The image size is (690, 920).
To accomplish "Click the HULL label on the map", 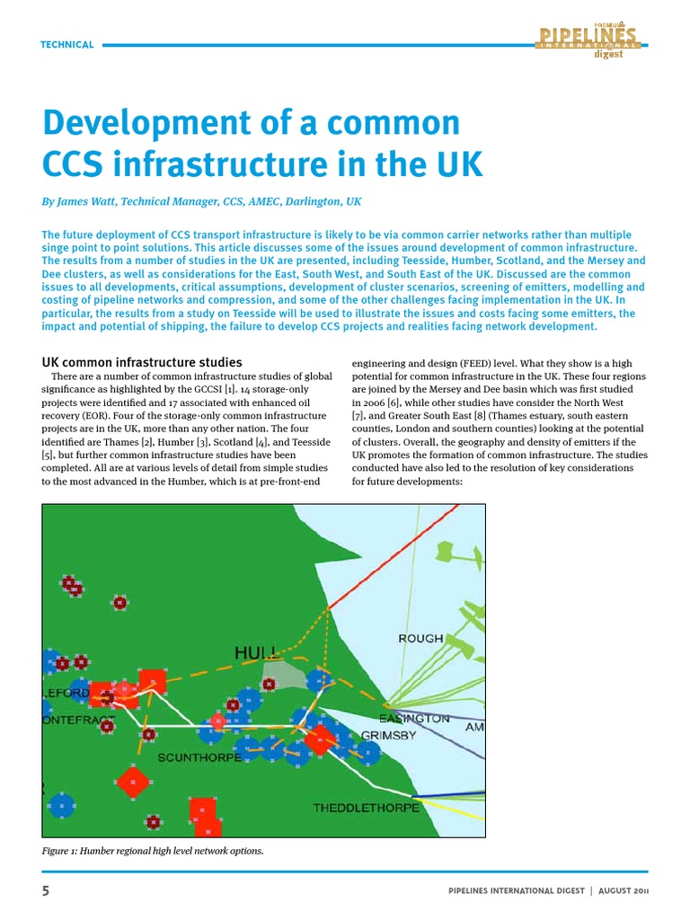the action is pos(255,652).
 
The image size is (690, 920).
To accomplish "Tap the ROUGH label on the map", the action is pos(420,638).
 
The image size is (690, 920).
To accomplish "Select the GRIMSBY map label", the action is pos(388,736).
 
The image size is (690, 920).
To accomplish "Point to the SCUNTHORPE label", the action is pos(199,757).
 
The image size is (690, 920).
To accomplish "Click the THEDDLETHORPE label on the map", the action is pos(366,808).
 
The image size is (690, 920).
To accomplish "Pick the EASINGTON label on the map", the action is pos(413,719).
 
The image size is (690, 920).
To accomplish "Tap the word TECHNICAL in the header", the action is pos(67,44).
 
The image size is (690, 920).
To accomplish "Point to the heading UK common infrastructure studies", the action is pos(142,362).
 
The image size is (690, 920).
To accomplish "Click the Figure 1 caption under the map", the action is pos(153,851).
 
